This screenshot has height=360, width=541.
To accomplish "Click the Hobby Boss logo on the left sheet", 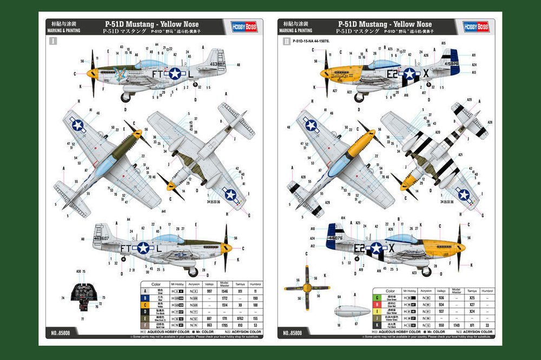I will (x=244, y=27).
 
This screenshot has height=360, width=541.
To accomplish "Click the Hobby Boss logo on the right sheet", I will (x=476, y=27).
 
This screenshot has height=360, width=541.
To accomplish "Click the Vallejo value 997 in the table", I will (x=209, y=291).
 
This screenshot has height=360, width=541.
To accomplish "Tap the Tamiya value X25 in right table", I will (x=472, y=297).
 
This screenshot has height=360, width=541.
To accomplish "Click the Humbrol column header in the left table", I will (x=255, y=284).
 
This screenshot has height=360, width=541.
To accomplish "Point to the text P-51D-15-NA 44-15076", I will (x=311, y=41).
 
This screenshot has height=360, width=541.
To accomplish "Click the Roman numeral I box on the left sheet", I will (x=52, y=41).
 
